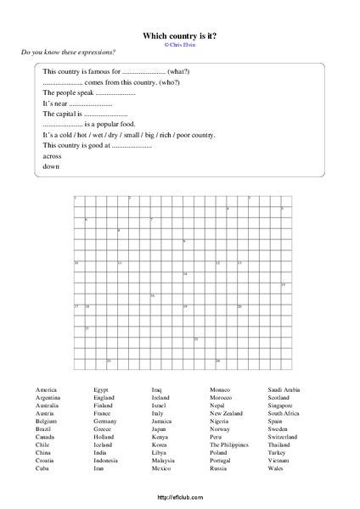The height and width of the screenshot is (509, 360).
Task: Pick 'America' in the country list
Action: [47, 389]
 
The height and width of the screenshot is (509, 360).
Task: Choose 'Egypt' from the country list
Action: [101, 389]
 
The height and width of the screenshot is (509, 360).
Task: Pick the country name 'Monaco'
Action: [220, 389]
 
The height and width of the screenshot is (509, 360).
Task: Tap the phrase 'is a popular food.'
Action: [110, 124]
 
